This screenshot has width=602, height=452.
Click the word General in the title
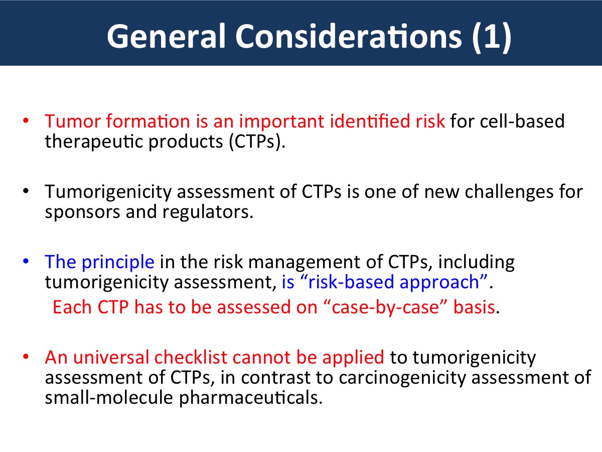point(166,37)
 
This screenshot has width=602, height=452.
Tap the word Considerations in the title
point(349,37)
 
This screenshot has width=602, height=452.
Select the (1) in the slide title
point(492,37)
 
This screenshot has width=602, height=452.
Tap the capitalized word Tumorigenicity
point(108,192)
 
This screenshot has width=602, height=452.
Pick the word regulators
point(208,212)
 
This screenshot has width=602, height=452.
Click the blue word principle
point(118,262)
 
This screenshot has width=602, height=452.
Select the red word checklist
point(191,357)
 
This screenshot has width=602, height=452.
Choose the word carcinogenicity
point(402,378)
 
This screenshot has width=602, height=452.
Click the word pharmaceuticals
point(251,398)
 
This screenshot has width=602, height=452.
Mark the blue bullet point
point(26,261)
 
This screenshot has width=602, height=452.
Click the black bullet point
point(26,191)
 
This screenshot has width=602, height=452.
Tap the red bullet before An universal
point(26,357)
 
